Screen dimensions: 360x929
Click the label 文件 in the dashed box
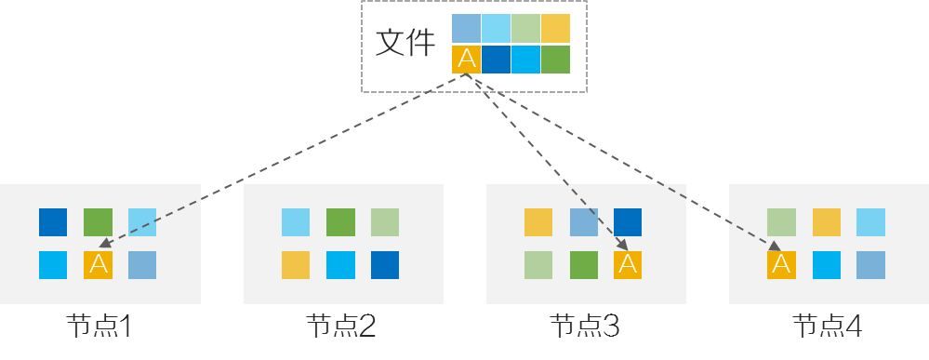click(405, 44)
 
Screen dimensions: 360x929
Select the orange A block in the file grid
click(466, 60)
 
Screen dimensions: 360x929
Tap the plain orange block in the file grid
click(555, 28)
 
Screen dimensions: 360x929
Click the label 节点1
click(100, 327)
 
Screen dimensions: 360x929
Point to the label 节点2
click(341, 327)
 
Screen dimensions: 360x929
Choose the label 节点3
click(585, 327)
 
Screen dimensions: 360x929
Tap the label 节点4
click(828, 327)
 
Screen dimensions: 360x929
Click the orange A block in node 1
click(98, 265)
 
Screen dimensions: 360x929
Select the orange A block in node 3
click(628, 265)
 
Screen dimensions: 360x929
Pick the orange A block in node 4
click(781, 265)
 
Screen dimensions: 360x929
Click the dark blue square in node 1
click(53, 222)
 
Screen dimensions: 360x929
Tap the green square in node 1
click(98, 222)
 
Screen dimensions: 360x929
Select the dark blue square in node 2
click(385, 265)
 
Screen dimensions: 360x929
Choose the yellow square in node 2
click(296, 265)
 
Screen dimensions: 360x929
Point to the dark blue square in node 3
click(628, 222)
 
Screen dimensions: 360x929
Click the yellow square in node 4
click(827, 222)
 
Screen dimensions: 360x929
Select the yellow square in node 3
click(538, 222)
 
